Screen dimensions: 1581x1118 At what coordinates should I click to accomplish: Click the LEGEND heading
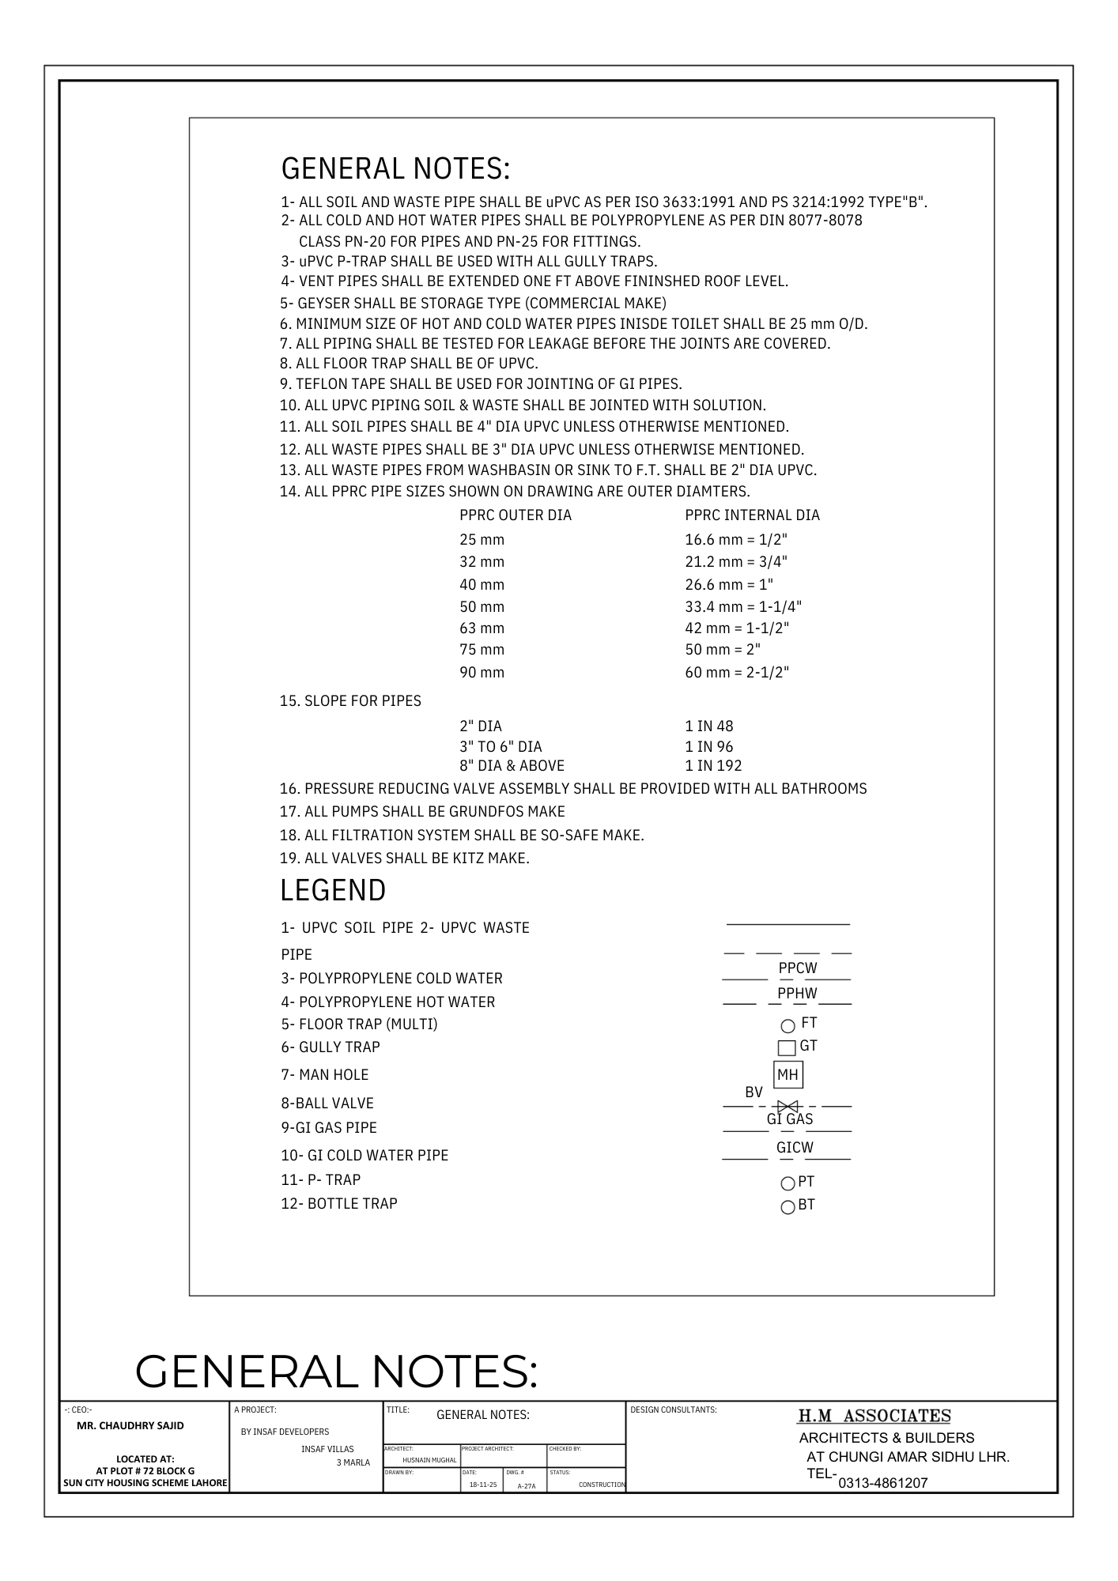[333, 891]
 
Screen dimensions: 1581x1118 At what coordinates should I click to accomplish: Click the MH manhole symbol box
[788, 1075]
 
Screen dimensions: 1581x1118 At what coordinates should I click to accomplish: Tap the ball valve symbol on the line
[788, 1106]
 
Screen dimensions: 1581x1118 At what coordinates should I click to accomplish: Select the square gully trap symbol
[787, 1048]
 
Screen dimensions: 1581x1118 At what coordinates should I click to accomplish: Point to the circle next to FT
[788, 1026]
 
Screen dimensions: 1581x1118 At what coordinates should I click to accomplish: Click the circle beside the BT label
[788, 1207]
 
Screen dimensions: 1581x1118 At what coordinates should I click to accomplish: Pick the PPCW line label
[798, 968]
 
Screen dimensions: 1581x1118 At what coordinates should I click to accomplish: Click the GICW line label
[795, 1148]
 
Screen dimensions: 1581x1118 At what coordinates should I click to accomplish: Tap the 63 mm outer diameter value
[482, 628]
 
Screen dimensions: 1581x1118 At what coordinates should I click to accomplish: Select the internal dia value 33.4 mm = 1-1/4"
[743, 607]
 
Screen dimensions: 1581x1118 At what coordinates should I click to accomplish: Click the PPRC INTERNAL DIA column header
[752, 515]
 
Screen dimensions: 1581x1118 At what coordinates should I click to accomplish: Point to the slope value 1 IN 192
[713, 766]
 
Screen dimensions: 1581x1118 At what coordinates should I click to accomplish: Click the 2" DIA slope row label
[481, 726]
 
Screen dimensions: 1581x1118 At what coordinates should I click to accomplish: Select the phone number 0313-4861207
[882, 1483]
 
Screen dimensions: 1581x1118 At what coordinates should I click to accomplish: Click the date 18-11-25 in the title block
[483, 1485]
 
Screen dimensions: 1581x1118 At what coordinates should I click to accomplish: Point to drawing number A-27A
[527, 1486]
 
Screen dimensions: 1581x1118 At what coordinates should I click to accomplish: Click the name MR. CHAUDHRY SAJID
[130, 1426]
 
